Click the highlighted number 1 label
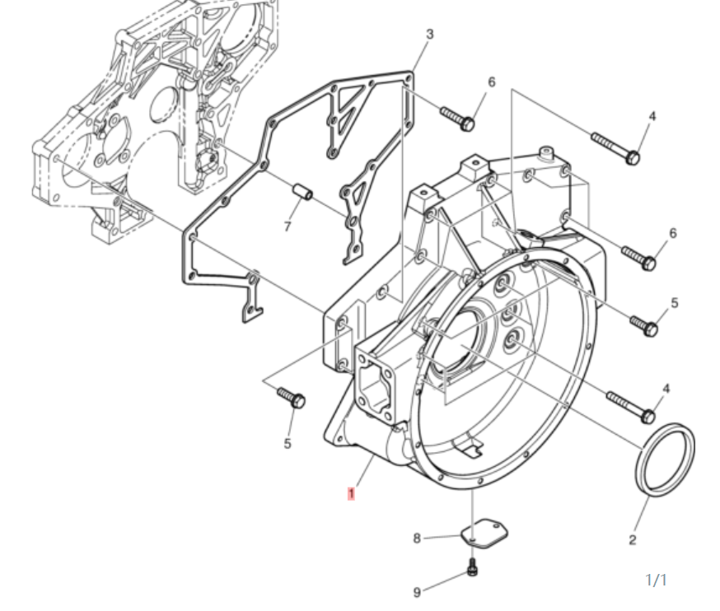coord(351,494)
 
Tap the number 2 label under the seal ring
coord(633,541)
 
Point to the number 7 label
coord(288,226)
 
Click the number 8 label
coord(417,539)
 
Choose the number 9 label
coord(417,592)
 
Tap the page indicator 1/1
coord(656,581)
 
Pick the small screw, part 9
coord(472,567)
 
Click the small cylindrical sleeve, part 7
coord(302,194)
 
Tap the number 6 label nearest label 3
coord(491,82)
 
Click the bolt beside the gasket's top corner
coord(456,118)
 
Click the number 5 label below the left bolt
coord(288,444)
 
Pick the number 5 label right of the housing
coord(675,303)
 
